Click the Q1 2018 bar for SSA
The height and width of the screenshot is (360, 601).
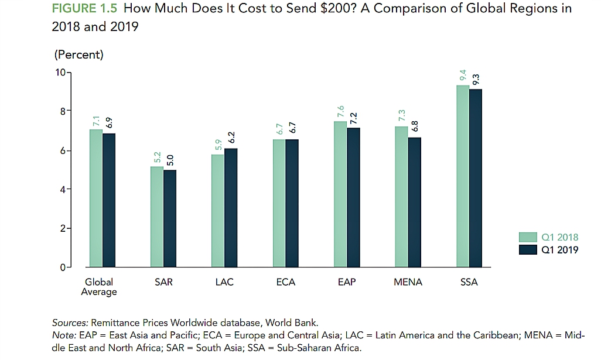463,176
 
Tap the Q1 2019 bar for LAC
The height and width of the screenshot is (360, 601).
231,208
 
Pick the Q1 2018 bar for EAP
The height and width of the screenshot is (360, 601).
340,194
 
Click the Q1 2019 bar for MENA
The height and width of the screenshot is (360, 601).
414,202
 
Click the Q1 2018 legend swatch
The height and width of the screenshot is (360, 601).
528,237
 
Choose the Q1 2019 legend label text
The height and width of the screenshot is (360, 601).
560,250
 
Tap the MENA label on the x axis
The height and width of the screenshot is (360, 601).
408,282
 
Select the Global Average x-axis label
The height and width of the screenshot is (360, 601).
99,287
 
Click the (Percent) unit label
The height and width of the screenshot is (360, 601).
78,55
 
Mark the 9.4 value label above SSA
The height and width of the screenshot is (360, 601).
463,75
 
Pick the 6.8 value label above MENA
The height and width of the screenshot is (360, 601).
414,127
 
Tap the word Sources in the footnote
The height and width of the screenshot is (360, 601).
70,323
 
